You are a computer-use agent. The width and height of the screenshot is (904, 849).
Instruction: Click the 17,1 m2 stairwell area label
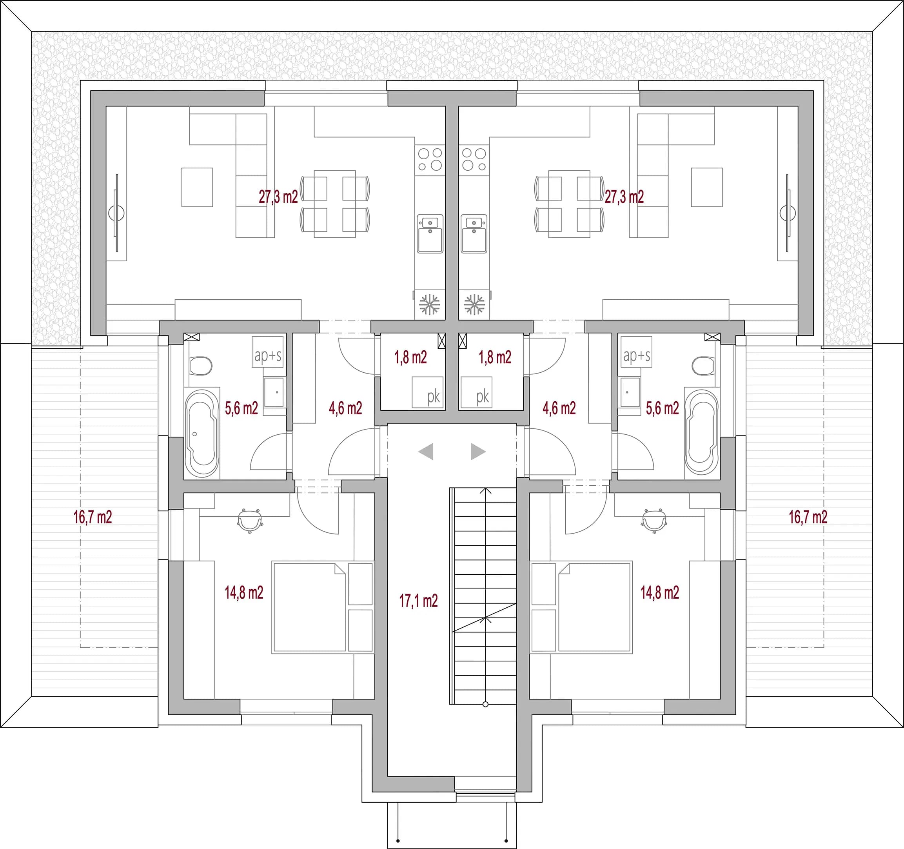pos(418,601)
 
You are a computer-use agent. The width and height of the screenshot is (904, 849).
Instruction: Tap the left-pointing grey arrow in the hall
pos(426,451)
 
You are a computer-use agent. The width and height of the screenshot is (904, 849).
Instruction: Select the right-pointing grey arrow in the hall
pos(478,451)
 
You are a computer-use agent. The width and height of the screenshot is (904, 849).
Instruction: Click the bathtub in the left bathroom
pos(202,433)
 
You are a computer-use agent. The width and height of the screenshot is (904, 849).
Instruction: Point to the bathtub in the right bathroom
pos(702,433)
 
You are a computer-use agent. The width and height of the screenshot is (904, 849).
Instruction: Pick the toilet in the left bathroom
pos(201,366)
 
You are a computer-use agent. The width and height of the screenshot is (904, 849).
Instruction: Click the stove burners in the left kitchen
pos(430,159)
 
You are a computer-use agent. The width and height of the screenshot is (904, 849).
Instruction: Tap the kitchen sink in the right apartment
pos(474,233)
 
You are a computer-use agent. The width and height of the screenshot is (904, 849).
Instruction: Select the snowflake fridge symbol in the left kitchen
pos(429,304)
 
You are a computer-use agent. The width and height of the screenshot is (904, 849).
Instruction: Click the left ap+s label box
pos(268,351)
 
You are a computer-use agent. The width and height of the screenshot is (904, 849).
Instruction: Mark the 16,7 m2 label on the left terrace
pos(93,517)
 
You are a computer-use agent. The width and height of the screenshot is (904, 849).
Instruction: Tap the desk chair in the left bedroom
pos(250,521)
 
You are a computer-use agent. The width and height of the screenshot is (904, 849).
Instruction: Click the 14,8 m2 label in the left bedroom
pos(244,592)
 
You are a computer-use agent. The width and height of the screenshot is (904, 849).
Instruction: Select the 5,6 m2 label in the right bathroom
pos(662,408)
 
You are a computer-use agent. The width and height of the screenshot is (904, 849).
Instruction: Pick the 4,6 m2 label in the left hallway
pos(346,408)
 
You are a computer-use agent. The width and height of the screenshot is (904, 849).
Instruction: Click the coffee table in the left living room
pos(197,187)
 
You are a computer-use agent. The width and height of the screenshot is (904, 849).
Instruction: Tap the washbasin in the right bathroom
pos(630,392)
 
